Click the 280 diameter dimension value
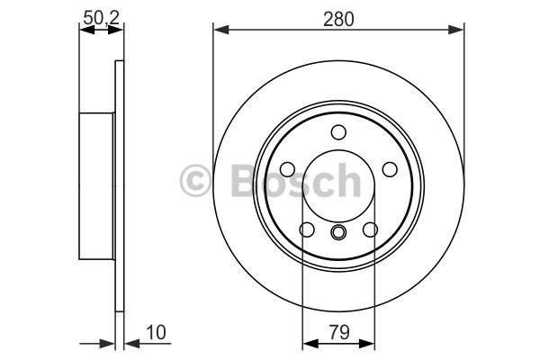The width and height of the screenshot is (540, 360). (338, 19)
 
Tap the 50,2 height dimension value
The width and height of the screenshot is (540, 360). (101, 18)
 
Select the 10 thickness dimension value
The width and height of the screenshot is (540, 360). (156, 332)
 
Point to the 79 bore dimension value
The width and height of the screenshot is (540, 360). (339, 332)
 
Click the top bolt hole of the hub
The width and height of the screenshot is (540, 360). (338, 132)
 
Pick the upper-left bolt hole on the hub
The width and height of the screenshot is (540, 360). (288, 169)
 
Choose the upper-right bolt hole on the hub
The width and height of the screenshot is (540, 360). (390, 169)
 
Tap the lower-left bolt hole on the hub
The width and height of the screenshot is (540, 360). (307, 229)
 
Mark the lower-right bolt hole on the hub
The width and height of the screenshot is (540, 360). (371, 229)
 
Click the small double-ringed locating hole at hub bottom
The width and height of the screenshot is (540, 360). (338, 232)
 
